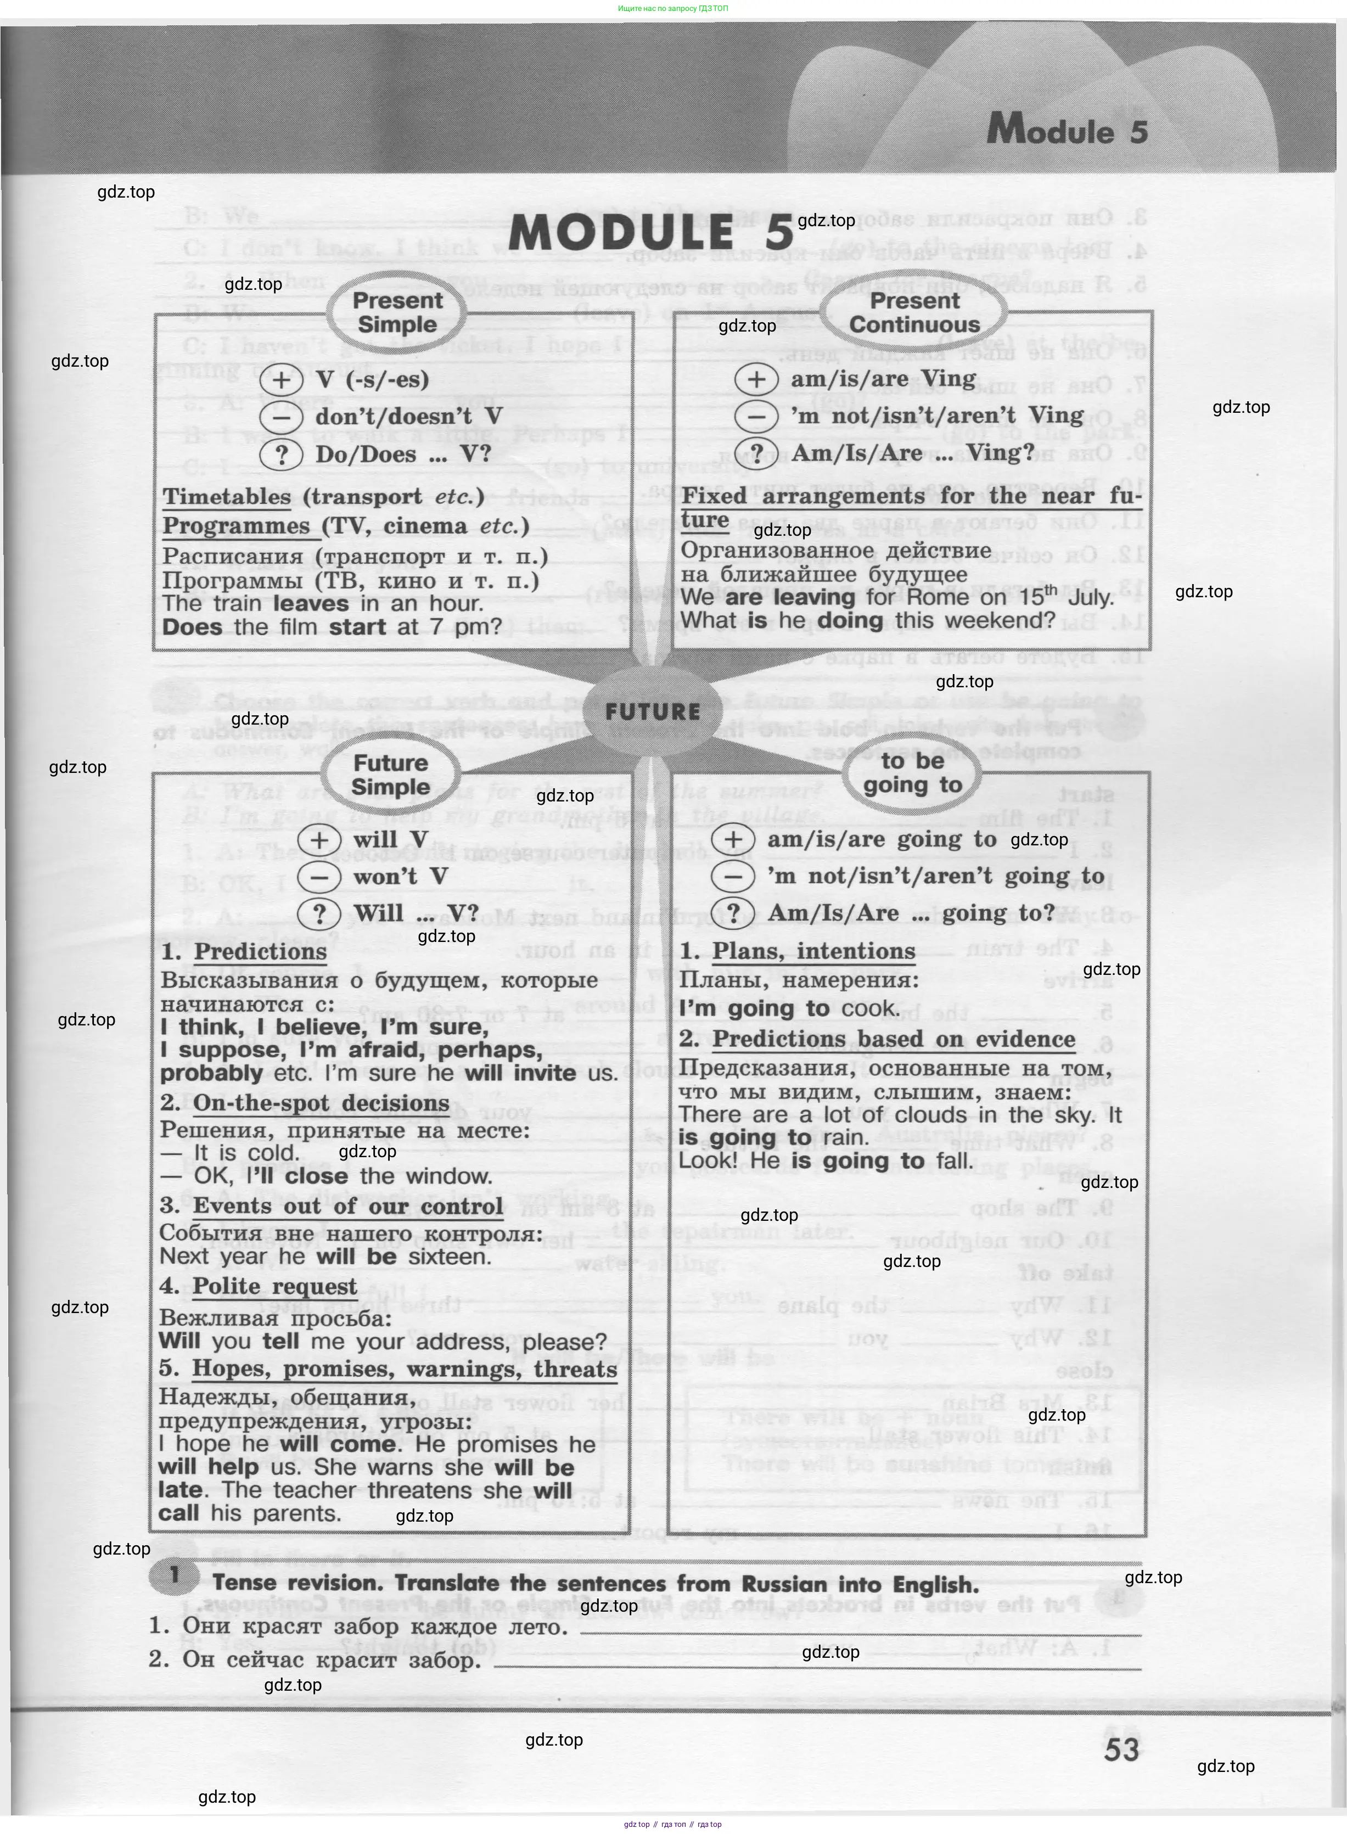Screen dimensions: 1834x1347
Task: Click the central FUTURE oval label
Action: [x=652, y=711]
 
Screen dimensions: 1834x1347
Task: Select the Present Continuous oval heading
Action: [x=914, y=312]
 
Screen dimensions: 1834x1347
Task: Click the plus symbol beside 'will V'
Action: [x=319, y=839]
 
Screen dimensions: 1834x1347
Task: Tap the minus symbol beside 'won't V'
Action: [x=319, y=877]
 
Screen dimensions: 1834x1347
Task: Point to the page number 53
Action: [x=1121, y=1749]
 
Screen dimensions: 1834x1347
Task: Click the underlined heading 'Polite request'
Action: [x=275, y=1286]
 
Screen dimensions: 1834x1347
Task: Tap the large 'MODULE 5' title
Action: [x=650, y=234]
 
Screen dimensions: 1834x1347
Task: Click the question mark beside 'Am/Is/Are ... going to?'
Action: [x=733, y=913]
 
